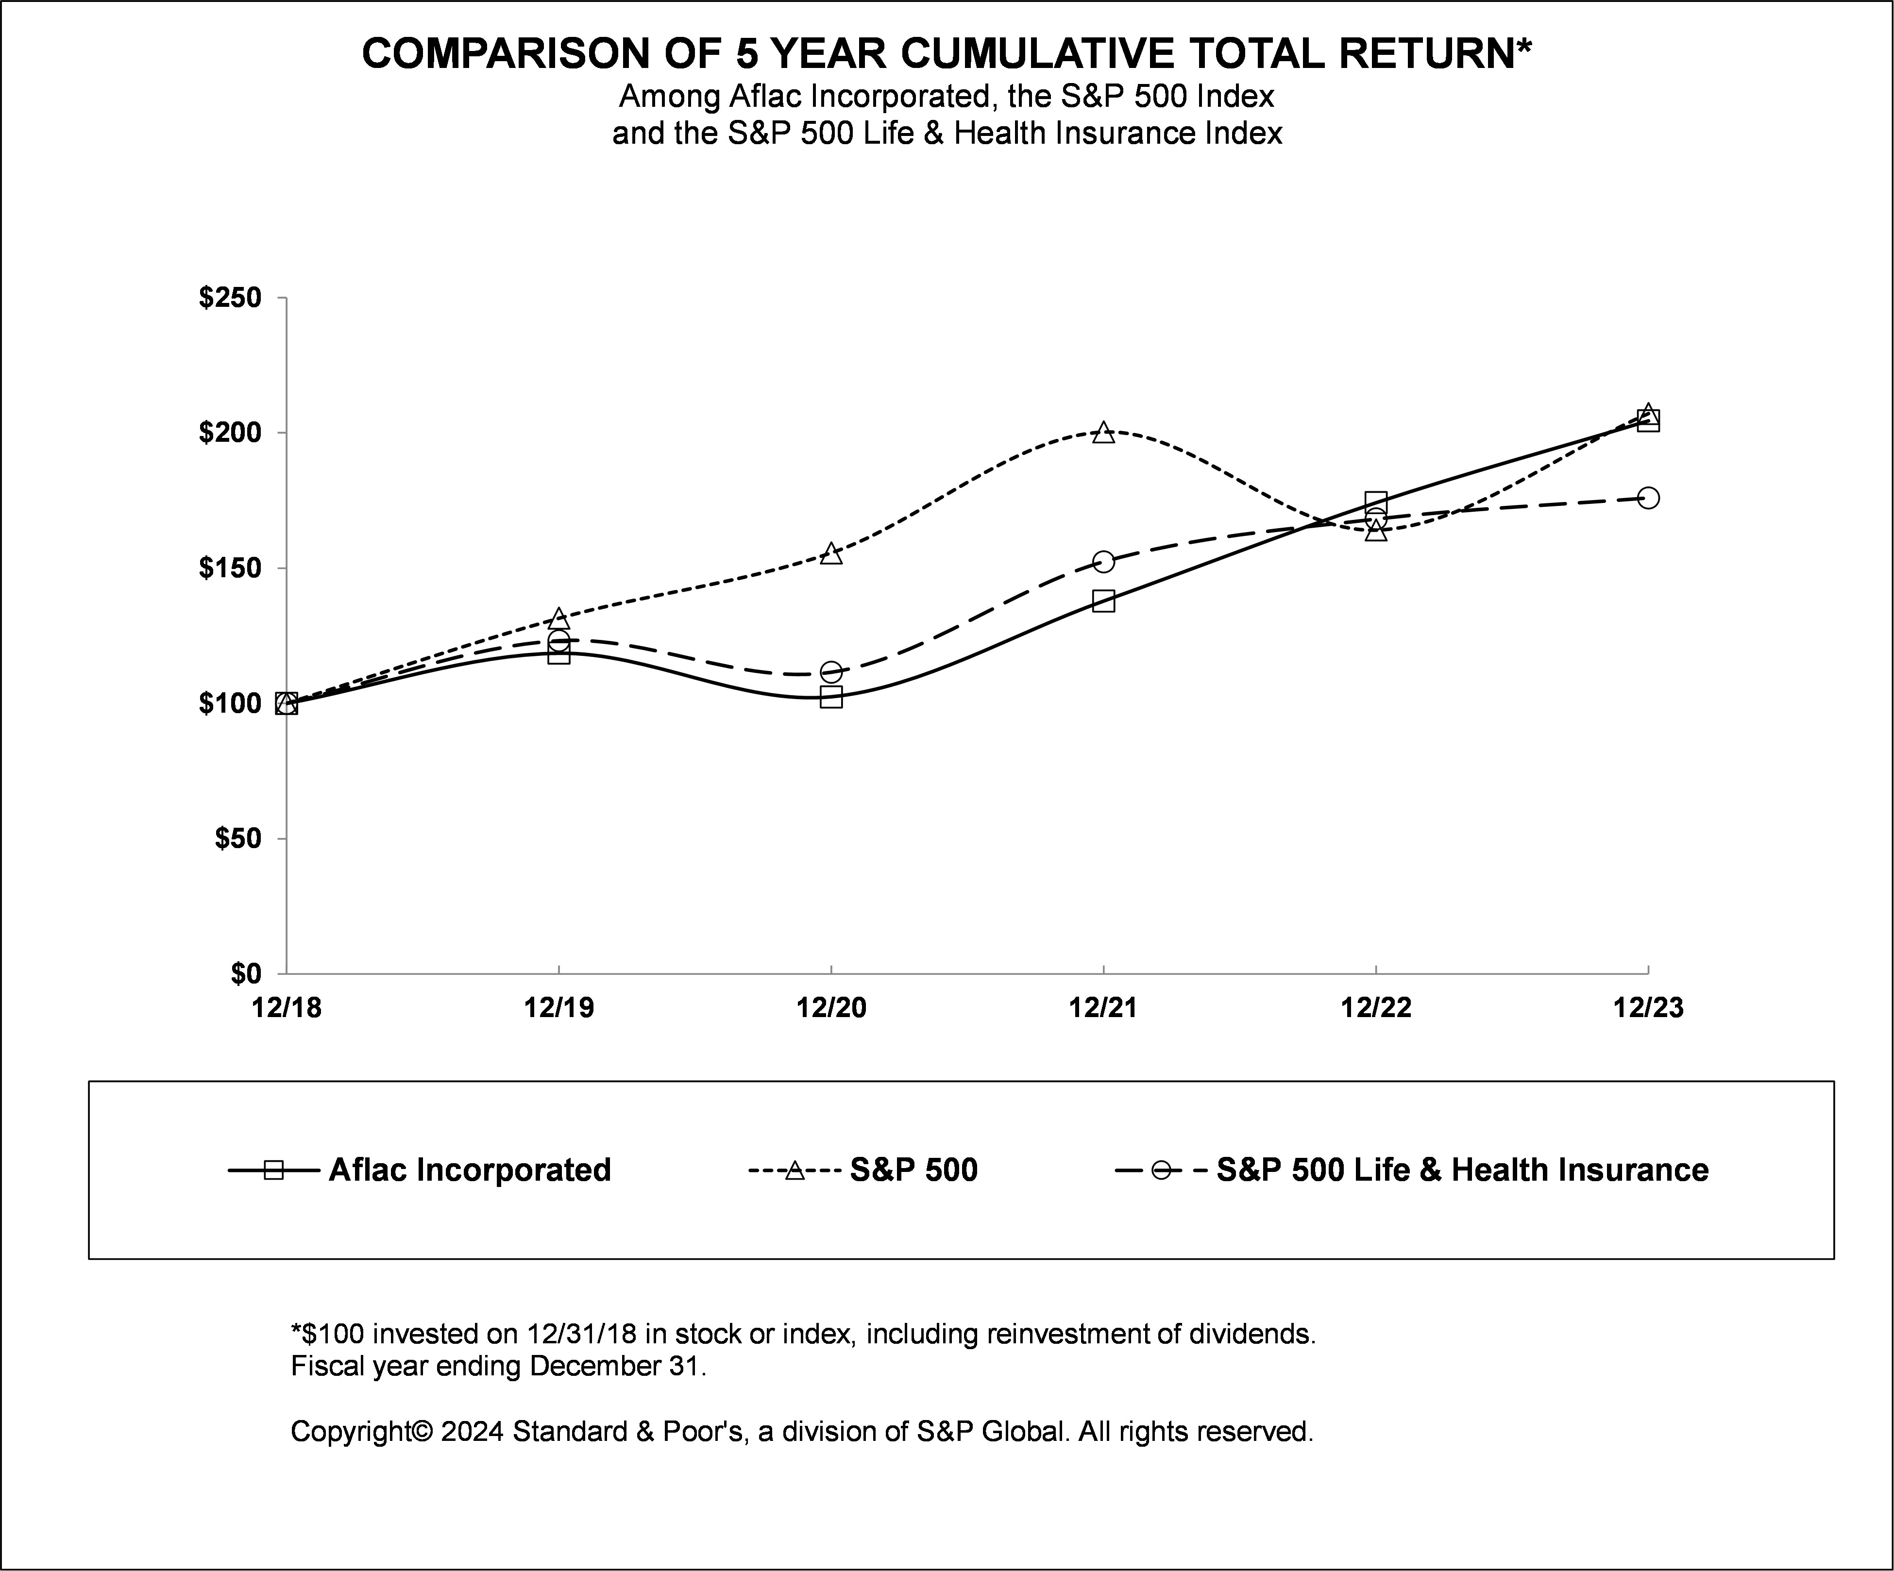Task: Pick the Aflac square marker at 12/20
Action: pos(830,697)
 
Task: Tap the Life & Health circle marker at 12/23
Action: pos(1648,498)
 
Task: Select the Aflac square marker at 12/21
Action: pos(1103,601)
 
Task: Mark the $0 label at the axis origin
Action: pos(245,974)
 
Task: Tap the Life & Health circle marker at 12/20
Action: pos(830,672)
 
